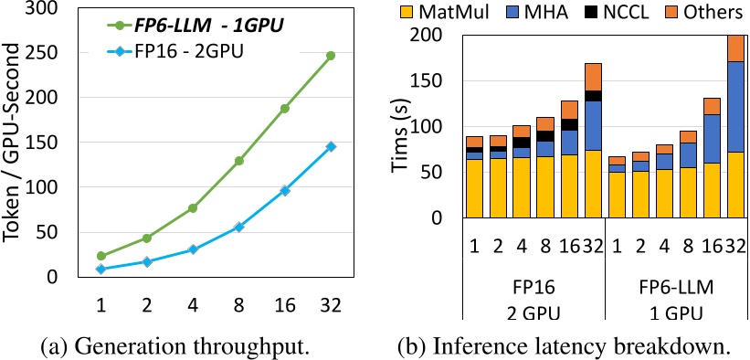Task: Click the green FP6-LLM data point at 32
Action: pyautogui.click(x=331, y=56)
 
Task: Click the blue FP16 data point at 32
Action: pyautogui.click(x=331, y=146)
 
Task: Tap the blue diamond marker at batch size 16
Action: pyautogui.click(x=284, y=190)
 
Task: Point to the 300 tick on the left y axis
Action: pyautogui.click(x=44, y=9)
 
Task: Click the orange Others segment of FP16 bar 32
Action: pyautogui.click(x=593, y=77)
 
